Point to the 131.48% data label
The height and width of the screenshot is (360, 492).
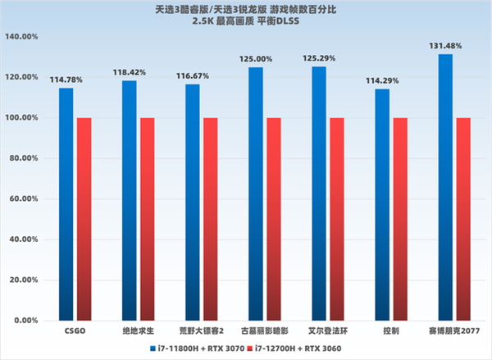(x=445, y=46)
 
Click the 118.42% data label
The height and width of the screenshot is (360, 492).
(x=129, y=72)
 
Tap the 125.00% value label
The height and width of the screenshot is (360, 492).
(x=255, y=59)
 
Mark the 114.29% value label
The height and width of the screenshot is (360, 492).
(x=382, y=80)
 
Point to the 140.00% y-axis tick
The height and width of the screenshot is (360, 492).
(x=22, y=37)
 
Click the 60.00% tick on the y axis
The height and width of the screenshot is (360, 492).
(x=24, y=198)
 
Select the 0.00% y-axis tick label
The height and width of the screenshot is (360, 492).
(x=25, y=320)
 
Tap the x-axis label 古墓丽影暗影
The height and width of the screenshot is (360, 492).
(x=263, y=332)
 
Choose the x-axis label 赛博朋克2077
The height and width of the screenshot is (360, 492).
(x=453, y=332)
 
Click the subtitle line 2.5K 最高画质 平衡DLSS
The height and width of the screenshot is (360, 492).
(x=246, y=21)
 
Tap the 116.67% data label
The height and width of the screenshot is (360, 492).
(x=192, y=75)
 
